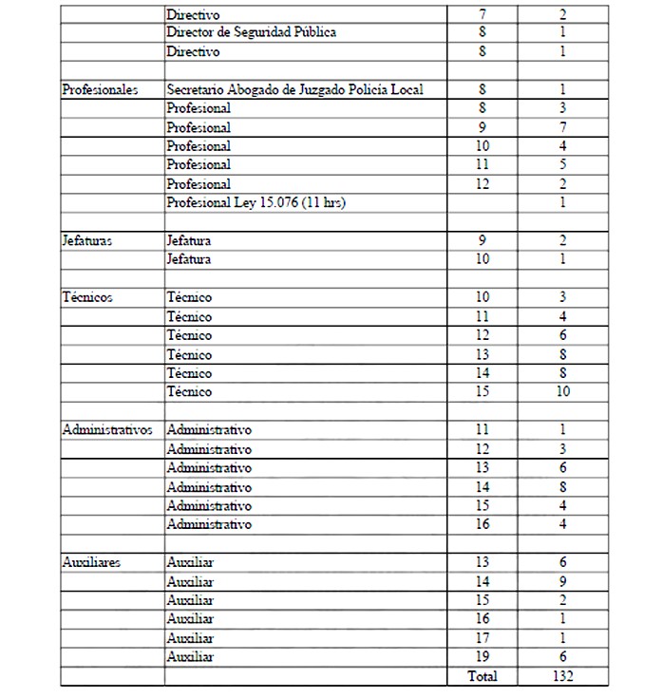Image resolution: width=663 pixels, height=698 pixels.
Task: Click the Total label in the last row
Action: point(482,676)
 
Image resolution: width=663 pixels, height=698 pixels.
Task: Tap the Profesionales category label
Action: point(100,89)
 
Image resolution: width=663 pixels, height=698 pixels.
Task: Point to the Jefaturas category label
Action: point(86,240)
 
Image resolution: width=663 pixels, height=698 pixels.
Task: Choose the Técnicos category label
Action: point(86,297)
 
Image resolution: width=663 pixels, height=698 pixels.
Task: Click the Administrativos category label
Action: point(106,429)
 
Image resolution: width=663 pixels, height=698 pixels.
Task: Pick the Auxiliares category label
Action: point(91,562)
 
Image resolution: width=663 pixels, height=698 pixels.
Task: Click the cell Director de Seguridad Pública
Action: point(251,32)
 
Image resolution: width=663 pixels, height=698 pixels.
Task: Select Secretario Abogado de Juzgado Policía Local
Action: point(294,89)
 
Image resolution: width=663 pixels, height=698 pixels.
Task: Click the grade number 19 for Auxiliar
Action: point(483,656)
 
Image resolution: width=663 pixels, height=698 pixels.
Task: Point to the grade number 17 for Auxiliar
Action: point(483,637)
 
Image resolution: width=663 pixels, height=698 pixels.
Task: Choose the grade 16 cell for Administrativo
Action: point(483,523)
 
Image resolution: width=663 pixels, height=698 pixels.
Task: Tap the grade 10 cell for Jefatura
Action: point(483,259)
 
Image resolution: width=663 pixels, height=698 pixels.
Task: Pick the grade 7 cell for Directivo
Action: point(483,15)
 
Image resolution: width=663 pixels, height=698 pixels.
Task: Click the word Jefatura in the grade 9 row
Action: point(188,240)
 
